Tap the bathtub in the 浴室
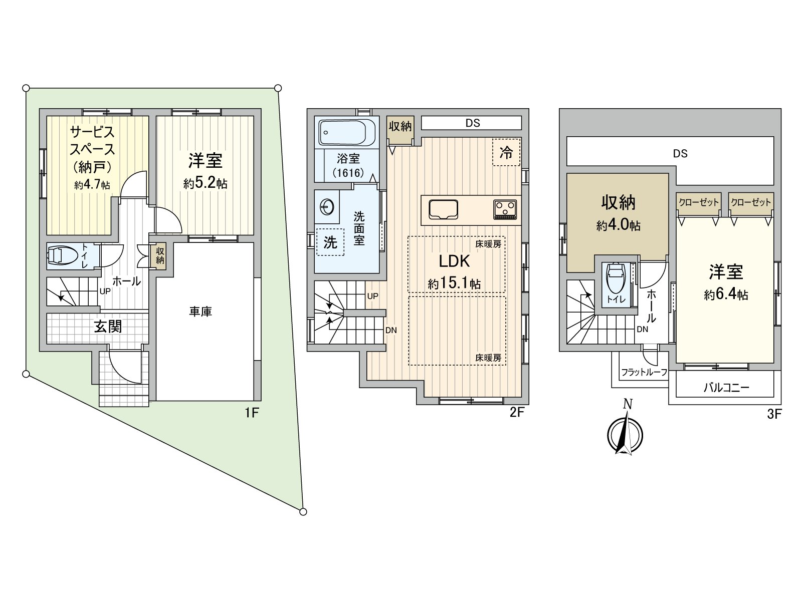coord(347,133)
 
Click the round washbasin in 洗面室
coord(327,207)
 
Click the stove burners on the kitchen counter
coord(505,208)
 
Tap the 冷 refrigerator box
coord(506,152)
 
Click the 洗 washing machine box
coord(330,242)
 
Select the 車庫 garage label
coord(200,312)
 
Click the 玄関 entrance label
coord(108,327)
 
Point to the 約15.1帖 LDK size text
coord(454,283)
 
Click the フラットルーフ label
coord(644,372)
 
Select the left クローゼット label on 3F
coord(698,202)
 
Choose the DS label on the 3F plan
coord(680,153)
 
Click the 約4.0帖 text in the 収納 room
coord(618,225)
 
